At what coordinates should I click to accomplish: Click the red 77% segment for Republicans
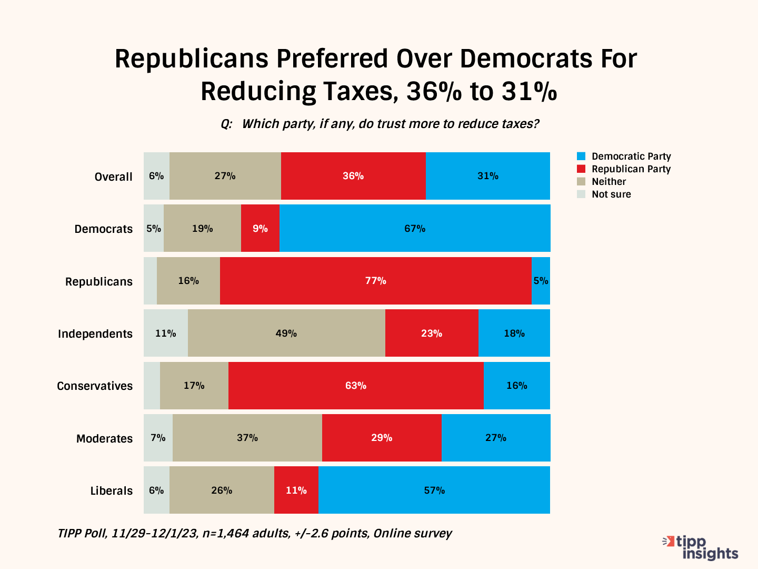375,281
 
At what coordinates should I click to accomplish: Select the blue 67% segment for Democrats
415,229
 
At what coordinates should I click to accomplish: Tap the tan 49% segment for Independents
286,333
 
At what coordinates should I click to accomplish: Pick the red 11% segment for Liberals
296,490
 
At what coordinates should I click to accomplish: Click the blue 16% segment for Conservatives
517,386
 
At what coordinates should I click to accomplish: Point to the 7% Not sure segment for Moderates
158,438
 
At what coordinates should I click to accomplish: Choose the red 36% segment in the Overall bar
353,176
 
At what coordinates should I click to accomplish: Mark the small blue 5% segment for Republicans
541,281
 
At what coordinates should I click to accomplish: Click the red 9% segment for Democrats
260,229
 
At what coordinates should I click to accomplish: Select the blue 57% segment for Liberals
434,490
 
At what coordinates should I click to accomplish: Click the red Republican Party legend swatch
581,169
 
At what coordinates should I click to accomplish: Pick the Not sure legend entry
611,194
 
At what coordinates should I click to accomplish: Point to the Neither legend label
609,182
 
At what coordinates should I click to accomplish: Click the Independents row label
95,334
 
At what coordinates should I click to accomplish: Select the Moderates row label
104,439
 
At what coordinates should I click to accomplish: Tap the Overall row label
113,177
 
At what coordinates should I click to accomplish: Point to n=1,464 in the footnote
226,534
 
